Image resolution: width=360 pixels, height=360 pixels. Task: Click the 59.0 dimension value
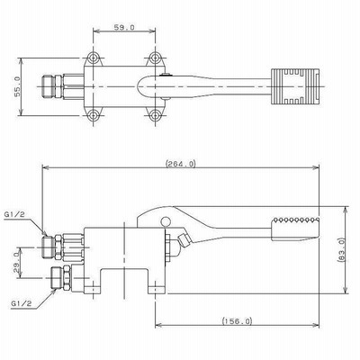(x=124, y=27)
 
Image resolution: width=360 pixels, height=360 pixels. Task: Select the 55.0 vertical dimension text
(x=17, y=86)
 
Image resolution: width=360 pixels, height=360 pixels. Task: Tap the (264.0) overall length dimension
(x=181, y=164)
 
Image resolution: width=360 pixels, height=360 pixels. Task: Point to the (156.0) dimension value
(x=237, y=321)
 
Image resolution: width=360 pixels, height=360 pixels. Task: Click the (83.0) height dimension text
(x=341, y=250)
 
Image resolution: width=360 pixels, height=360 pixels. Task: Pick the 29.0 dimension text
(x=17, y=262)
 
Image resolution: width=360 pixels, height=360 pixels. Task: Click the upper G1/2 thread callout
(x=14, y=214)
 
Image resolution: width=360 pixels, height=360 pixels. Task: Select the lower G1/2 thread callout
(x=22, y=303)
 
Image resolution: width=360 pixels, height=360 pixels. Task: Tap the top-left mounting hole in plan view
(x=94, y=58)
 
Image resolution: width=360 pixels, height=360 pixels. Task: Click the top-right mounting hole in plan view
(x=155, y=58)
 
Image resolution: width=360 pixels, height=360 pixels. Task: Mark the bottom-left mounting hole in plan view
(x=94, y=115)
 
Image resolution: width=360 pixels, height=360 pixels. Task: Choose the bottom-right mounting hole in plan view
(x=155, y=115)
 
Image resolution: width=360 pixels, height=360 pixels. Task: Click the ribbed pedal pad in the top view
(x=296, y=86)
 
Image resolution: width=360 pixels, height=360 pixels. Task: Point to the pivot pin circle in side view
(x=166, y=221)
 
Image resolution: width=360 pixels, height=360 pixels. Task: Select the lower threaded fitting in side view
(x=61, y=277)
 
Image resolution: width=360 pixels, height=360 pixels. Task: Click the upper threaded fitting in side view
(x=63, y=247)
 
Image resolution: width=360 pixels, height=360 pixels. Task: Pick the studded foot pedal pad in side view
(x=295, y=229)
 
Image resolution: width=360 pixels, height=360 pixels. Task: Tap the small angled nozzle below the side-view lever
(x=184, y=240)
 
